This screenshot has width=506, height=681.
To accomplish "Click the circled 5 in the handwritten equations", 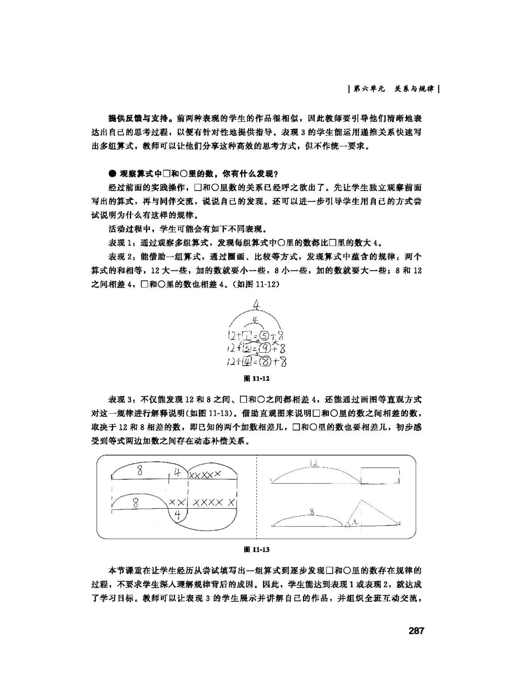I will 264,336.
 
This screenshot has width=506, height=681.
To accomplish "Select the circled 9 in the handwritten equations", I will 265,348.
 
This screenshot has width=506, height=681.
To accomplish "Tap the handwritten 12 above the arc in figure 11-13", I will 314,463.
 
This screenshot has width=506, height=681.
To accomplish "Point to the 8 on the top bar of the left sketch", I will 140,471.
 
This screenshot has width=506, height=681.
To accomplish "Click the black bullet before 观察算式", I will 112,174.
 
